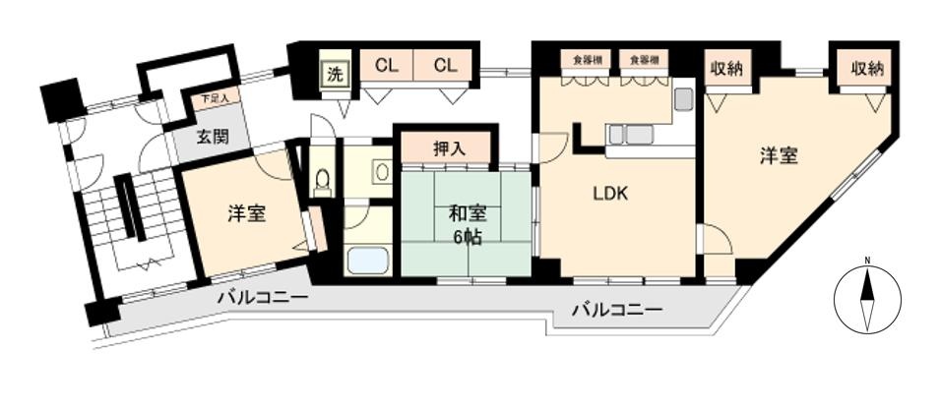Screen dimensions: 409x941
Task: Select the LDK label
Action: click(x=609, y=194)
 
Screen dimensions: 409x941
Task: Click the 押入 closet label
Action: click(x=449, y=149)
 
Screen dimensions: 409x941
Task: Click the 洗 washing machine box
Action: click(x=335, y=74)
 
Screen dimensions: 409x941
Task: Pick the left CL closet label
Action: click(x=387, y=66)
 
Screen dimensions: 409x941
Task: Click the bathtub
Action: click(x=369, y=262)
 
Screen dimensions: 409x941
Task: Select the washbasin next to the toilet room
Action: click(x=382, y=171)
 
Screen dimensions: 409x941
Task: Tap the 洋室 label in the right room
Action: click(x=779, y=155)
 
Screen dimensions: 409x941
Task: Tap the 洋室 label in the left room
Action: click(x=246, y=212)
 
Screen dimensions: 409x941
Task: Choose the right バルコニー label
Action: click(x=617, y=310)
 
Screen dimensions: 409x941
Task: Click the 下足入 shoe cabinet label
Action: click(x=214, y=98)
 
